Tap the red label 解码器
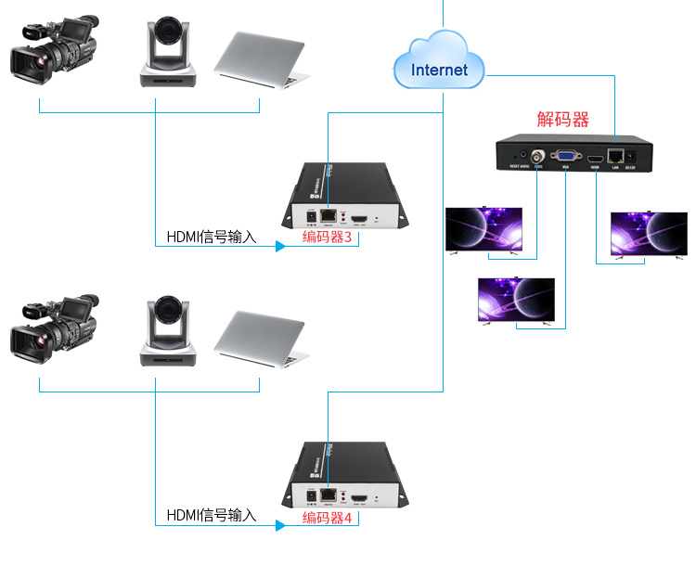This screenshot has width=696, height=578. (563, 120)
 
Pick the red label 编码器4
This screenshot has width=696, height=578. (328, 518)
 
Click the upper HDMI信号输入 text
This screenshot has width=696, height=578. (211, 238)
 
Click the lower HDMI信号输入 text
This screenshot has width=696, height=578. (211, 515)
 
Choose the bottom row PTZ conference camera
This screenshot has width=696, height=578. (168, 331)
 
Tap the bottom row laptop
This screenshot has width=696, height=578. (261, 338)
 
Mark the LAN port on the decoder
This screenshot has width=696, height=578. (614, 156)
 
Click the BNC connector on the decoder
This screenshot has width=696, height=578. (537, 157)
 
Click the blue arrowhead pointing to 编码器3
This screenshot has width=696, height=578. (279, 247)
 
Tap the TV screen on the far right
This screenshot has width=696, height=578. (648, 233)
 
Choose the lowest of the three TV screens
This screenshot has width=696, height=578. (516, 299)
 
